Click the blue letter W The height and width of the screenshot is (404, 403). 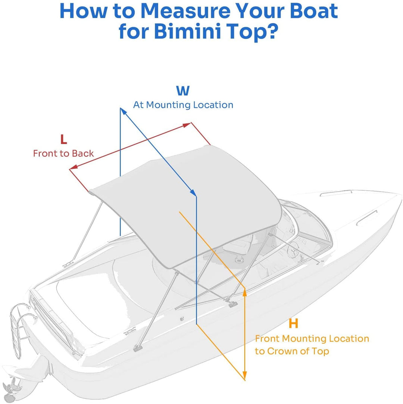click(x=183, y=91)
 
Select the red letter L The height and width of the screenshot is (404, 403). click(x=64, y=139)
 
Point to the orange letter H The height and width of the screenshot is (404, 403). click(x=294, y=324)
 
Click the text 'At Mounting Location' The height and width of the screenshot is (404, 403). click(x=183, y=105)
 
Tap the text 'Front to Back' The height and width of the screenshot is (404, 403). click(x=63, y=153)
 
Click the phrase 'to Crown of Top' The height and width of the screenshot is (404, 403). click(x=292, y=351)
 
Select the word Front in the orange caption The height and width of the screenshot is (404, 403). click(x=267, y=339)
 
